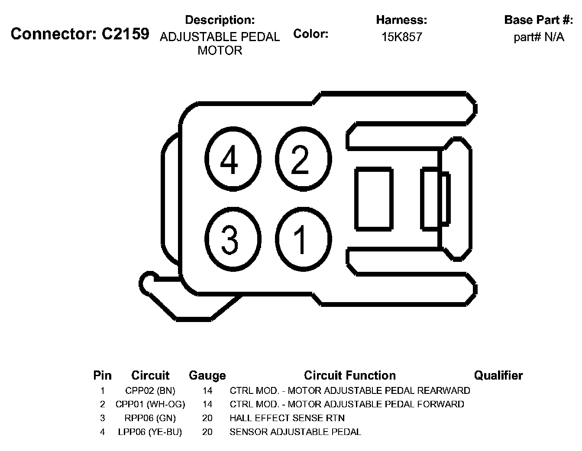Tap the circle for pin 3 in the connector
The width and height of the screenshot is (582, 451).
(x=233, y=239)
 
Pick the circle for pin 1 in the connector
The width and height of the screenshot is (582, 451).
(x=303, y=239)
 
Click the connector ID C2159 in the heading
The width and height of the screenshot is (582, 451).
(x=125, y=34)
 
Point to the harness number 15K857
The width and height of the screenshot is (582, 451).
(x=401, y=37)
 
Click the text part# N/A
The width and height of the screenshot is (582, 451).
(x=539, y=37)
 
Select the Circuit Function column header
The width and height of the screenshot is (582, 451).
(x=350, y=375)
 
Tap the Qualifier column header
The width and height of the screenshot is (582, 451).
(x=498, y=375)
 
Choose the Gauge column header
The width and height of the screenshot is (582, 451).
(x=207, y=375)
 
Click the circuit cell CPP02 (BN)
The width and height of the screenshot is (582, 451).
(x=150, y=391)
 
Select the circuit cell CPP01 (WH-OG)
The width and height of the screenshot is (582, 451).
(x=150, y=404)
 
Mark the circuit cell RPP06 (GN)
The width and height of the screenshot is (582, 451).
(x=150, y=418)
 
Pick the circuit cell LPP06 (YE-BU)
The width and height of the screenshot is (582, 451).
(x=150, y=432)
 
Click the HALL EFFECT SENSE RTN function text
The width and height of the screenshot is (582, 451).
(x=287, y=418)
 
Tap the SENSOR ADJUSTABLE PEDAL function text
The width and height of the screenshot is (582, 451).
(x=295, y=432)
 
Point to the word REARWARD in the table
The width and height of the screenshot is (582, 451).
(x=443, y=391)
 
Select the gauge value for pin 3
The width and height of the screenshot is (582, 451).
(x=207, y=418)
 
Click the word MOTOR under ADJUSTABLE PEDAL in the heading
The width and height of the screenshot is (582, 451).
(x=220, y=51)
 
